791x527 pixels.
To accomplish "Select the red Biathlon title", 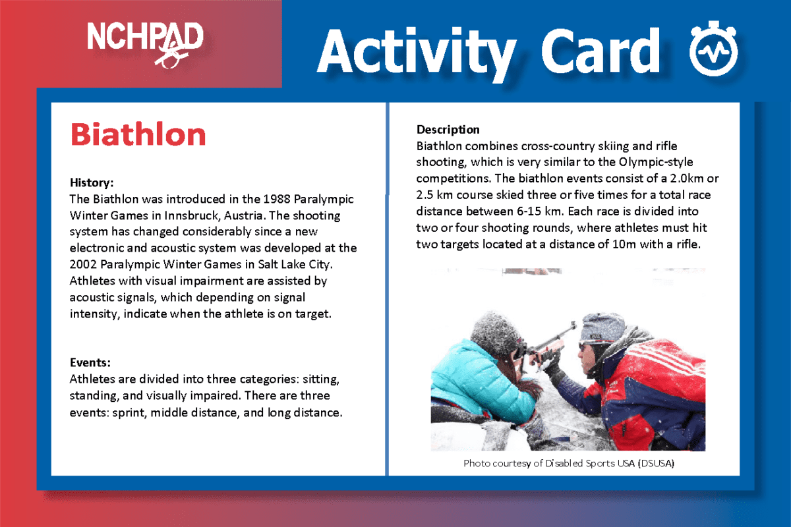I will (138, 134).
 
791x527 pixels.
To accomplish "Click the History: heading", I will (92, 181).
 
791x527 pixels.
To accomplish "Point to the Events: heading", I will (90, 362).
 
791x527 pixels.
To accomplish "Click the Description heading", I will (448, 129).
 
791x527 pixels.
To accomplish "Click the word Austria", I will (243, 215).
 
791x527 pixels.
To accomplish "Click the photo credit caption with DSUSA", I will (569, 463).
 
